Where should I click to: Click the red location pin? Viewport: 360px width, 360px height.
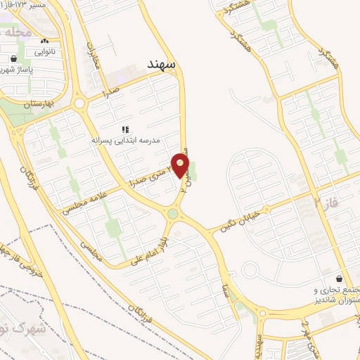point(181,166)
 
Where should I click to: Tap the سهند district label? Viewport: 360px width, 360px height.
point(163,64)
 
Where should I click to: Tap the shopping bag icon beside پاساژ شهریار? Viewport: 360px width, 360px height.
point(14,59)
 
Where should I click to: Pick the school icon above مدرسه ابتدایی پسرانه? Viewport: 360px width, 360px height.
point(126,129)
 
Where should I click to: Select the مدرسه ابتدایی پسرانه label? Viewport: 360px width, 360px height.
point(126,141)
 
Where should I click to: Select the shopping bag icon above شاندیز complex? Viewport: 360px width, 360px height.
point(340,278)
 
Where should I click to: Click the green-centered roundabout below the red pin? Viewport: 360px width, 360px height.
point(172,213)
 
